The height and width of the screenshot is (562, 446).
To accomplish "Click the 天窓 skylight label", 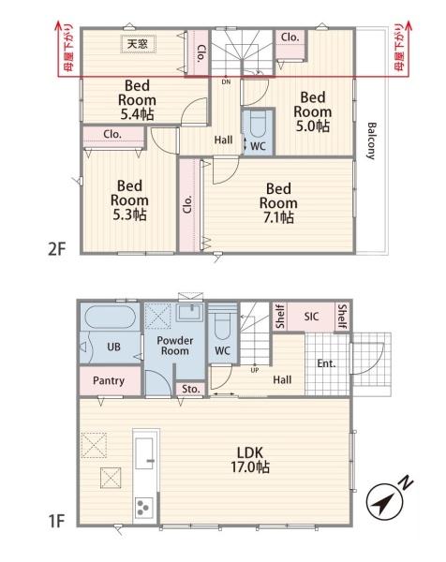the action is pyautogui.click(x=138, y=44).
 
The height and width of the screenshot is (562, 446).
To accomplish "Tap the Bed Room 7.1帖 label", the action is pyautogui.click(x=278, y=203).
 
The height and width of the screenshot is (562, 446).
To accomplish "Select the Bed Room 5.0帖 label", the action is pyautogui.click(x=313, y=111).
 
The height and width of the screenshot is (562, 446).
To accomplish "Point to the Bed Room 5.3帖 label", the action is pyautogui.click(x=129, y=200).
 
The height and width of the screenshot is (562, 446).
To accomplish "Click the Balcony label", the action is pyautogui.click(x=372, y=140).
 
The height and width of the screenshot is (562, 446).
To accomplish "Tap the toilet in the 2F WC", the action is pyautogui.click(x=258, y=124).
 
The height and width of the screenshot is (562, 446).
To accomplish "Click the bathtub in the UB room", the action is pyautogui.click(x=110, y=317).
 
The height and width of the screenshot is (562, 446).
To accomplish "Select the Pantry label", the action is pyautogui.click(x=109, y=380).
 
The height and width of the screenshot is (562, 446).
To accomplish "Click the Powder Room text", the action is pyautogui.click(x=175, y=346).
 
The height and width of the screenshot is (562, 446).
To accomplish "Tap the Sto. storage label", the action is pyautogui.click(x=191, y=389).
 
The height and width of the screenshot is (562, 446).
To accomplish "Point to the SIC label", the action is pyautogui.click(x=311, y=317).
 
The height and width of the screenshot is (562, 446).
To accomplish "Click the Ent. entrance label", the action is pyautogui.click(x=326, y=363).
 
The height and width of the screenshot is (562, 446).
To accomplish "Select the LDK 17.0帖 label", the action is pyautogui.click(x=250, y=460).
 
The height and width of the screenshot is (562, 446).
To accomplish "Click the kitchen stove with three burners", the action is pyautogui.click(x=143, y=508).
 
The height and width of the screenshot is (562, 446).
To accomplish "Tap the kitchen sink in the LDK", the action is pyautogui.click(x=145, y=453).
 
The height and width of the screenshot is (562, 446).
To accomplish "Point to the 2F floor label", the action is pyautogui.click(x=57, y=249).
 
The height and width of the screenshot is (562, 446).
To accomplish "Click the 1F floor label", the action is pyautogui.click(x=56, y=521).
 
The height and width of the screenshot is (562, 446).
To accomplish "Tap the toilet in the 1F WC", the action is pyautogui.click(x=222, y=325).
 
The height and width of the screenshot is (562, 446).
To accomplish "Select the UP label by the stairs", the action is pyautogui.click(x=255, y=370).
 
